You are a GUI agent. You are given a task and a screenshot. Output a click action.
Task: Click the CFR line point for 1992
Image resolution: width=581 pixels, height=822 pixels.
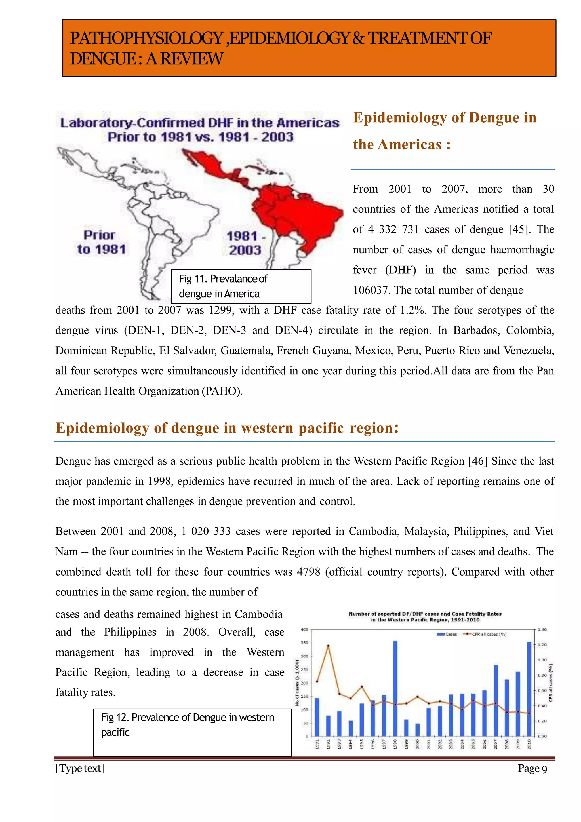pyautogui.click(x=328, y=646)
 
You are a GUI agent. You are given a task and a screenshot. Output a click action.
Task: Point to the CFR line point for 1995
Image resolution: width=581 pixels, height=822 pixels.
pyautogui.click(x=361, y=686)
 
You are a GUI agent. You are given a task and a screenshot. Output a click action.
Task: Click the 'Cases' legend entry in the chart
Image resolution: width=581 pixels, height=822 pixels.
pyautogui.click(x=447, y=634)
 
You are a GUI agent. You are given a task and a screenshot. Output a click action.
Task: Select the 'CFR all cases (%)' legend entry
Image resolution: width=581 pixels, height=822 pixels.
pyautogui.click(x=485, y=634)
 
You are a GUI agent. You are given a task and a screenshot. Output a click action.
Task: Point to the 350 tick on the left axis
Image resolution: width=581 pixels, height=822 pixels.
pyautogui.click(x=304, y=643)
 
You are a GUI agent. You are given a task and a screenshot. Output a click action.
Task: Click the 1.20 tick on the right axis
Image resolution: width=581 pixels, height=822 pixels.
pyautogui.click(x=542, y=644)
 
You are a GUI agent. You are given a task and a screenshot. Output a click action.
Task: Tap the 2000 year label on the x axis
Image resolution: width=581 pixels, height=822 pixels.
pyautogui.click(x=417, y=744)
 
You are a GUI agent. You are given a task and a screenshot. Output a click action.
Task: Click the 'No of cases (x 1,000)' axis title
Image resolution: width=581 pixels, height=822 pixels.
pyautogui.click(x=297, y=682)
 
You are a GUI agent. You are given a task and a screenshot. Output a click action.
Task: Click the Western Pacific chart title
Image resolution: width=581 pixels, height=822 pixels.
pyautogui.click(x=425, y=617)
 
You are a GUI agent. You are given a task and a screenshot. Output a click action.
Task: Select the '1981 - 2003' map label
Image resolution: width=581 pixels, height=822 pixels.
pyautogui.click(x=245, y=243)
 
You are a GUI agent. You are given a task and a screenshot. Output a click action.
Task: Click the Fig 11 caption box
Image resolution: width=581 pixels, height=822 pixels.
pyautogui.click(x=241, y=286)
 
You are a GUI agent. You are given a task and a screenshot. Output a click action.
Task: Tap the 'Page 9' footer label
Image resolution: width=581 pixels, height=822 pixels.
pyautogui.click(x=532, y=769)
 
